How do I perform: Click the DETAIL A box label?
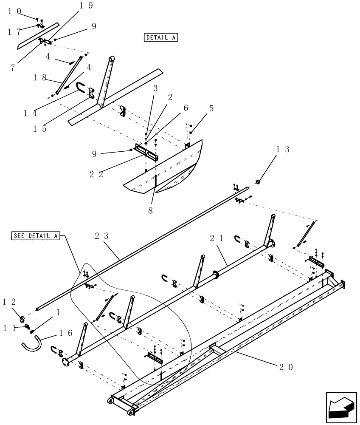[x=161, y=37]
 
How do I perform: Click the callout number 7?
[x=13, y=67]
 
